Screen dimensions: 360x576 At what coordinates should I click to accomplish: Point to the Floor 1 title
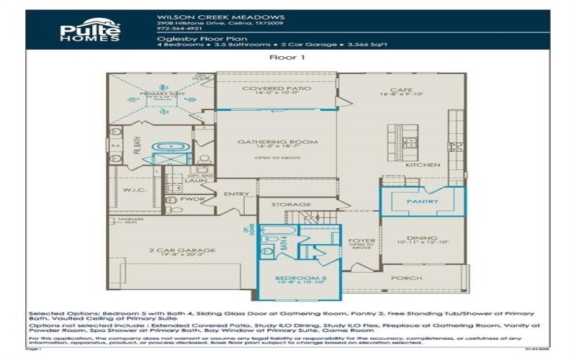287,58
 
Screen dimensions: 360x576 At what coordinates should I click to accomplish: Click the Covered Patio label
276,89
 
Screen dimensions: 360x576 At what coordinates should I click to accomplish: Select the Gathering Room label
277,143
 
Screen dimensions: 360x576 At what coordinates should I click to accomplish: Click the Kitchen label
423,165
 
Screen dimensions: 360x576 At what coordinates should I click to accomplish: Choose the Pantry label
422,202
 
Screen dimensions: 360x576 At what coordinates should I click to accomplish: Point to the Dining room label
423,238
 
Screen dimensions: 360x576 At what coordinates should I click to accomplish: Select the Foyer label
358,241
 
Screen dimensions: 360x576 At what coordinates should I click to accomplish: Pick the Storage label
291,204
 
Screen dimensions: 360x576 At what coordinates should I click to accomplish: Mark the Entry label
236,194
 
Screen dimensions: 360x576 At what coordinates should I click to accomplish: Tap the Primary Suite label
153,93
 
